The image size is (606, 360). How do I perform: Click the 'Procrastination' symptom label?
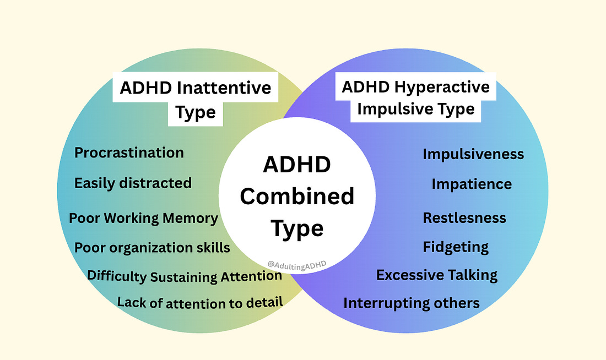[x=129, y=152]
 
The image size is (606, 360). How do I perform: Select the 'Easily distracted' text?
[x=133, y=183]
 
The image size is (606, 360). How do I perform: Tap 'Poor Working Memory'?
[x=143, y=218]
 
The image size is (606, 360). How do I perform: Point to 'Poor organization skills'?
[x=152, y=248]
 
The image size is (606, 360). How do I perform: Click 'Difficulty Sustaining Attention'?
[x=185, y=276]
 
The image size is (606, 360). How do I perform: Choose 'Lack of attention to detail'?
[x=200, y=302]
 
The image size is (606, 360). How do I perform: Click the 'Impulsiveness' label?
[x=473, y=155]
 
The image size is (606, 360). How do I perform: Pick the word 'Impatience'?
[x=472, y=184]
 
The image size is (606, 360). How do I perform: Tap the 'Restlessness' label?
[x=464, y=218]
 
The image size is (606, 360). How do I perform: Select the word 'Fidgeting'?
[x=456, y=247]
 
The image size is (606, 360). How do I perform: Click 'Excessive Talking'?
[x=437, y=275]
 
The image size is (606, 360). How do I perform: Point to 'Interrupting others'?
[x=412, y=303]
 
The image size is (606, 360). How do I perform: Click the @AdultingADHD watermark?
[x=297, y=264]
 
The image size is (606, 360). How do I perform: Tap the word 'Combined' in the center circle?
[x=297, y=197]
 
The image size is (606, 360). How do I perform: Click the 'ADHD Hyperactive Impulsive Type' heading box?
[x=416, y=98]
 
